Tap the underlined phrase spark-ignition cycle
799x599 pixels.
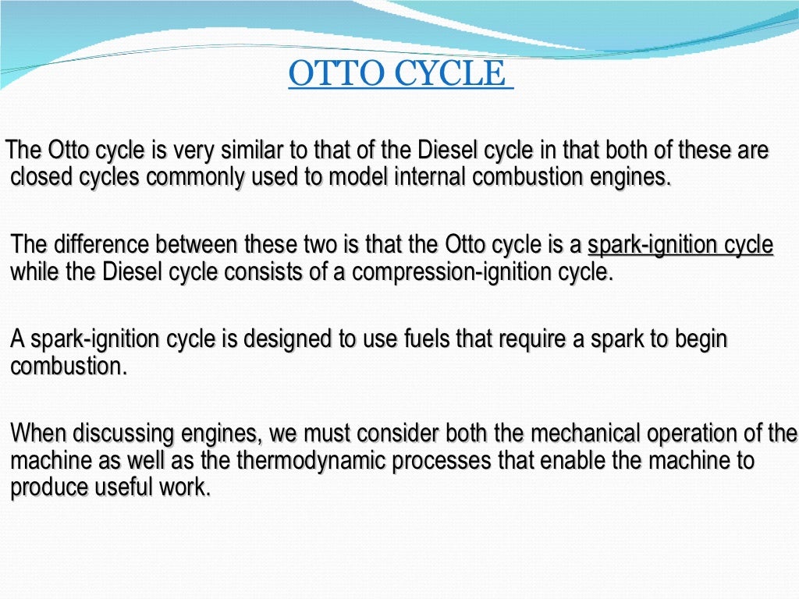point(680,245)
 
